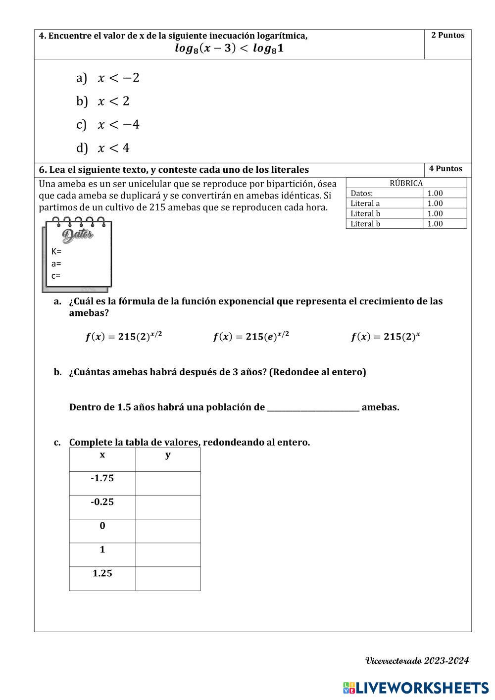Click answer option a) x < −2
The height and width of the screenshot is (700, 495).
[108, 78]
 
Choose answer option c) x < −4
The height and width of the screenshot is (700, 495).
[108, 124]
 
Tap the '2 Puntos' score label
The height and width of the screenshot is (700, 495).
[447, 35]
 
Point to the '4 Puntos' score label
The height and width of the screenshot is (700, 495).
[445, 168]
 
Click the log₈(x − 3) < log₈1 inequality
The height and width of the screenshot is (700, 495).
[229, 49]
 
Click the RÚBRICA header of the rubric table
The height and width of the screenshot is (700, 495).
[406, 183]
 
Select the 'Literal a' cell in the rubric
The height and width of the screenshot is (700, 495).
[365, 203]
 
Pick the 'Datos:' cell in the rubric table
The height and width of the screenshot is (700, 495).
[362, 193]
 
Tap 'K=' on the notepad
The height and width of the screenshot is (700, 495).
[56, 251]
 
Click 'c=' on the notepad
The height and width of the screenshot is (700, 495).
[56, 276]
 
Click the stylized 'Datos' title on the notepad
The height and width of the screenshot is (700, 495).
[78, 234]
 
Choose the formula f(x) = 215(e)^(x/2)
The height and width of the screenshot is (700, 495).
[251, 337]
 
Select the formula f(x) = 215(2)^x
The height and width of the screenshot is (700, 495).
[385, 337]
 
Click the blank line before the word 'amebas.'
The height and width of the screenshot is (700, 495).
[313, 407]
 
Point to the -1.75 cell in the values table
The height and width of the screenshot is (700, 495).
[102, 478]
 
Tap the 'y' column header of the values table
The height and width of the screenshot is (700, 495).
[168, 455]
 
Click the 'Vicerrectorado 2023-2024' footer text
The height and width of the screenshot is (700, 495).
[417, 660]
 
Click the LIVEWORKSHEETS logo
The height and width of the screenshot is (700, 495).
[415, 688]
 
